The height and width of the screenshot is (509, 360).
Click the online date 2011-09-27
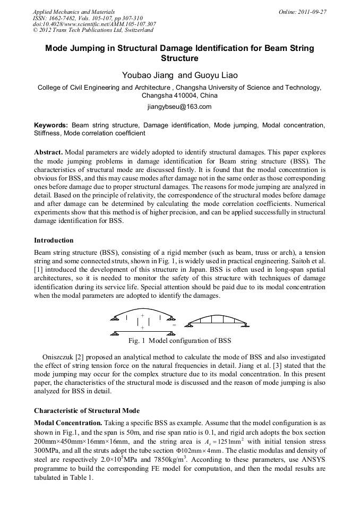[x=310, y=11]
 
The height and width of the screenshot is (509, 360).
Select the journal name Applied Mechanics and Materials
[x=67, y=11]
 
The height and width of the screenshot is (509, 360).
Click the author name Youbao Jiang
[x=147, y=75]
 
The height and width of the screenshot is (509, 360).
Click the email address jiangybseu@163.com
[x=179, y=107]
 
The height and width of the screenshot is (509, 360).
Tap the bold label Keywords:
[x=51, y=125]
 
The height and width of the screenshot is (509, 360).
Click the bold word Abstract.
[x=48, y=152]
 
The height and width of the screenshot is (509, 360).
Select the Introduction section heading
[x=54, y=240]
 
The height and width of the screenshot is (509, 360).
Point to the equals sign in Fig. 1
[x=174, y=324]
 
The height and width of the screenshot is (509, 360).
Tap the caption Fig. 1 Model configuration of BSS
[x=179, y=340]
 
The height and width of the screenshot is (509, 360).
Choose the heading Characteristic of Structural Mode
[x=87, y=410]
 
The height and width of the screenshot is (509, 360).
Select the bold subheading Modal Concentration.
[x=67, y=423]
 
